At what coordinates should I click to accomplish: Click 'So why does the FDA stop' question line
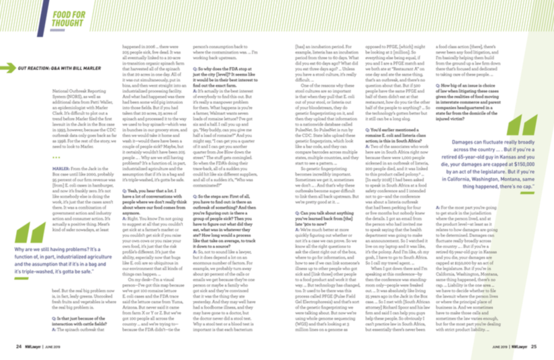[222, 69]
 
